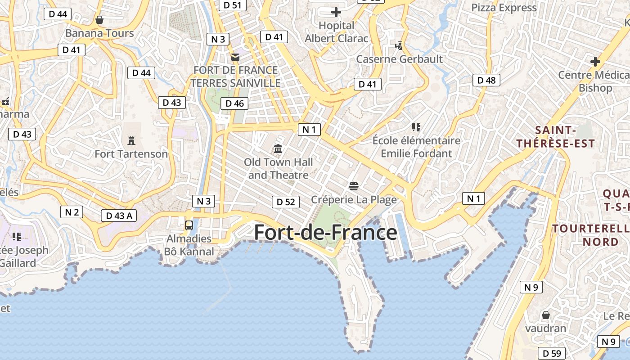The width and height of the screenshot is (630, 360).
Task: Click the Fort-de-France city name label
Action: tap(325, 233)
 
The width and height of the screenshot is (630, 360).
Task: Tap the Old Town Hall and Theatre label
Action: tap(278, 168)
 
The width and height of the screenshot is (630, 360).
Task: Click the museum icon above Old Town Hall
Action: tap(278, 148)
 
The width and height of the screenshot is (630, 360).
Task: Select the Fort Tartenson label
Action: tap(131, 154)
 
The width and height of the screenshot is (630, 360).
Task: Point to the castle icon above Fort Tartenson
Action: tap(131, 140)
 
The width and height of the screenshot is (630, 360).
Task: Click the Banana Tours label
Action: tap(99, 33)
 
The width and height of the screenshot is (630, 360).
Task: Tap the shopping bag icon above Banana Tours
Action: tap(99, 20)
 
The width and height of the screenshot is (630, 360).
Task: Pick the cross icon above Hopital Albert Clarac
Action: tap(336, 12)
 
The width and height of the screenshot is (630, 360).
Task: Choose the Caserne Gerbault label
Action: tap(399, 59)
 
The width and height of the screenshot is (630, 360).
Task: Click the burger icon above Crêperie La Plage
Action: tap(354, 186)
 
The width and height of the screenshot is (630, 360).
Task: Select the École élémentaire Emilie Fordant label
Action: tap(416, 147)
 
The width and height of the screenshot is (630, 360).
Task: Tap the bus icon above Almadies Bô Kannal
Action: tap(189, 225)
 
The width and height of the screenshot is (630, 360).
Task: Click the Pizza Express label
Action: tap(504, 8)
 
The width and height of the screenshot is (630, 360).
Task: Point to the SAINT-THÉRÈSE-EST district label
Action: tap(555, 137)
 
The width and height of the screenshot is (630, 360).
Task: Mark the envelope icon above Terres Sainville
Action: tap(235, 57)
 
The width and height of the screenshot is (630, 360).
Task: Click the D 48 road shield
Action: tap(486, 80)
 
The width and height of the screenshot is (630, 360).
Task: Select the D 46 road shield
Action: tap(234, 103)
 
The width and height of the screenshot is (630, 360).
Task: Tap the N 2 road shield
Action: tap(72, 212)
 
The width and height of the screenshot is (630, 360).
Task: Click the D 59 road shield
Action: tap(552, 353)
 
